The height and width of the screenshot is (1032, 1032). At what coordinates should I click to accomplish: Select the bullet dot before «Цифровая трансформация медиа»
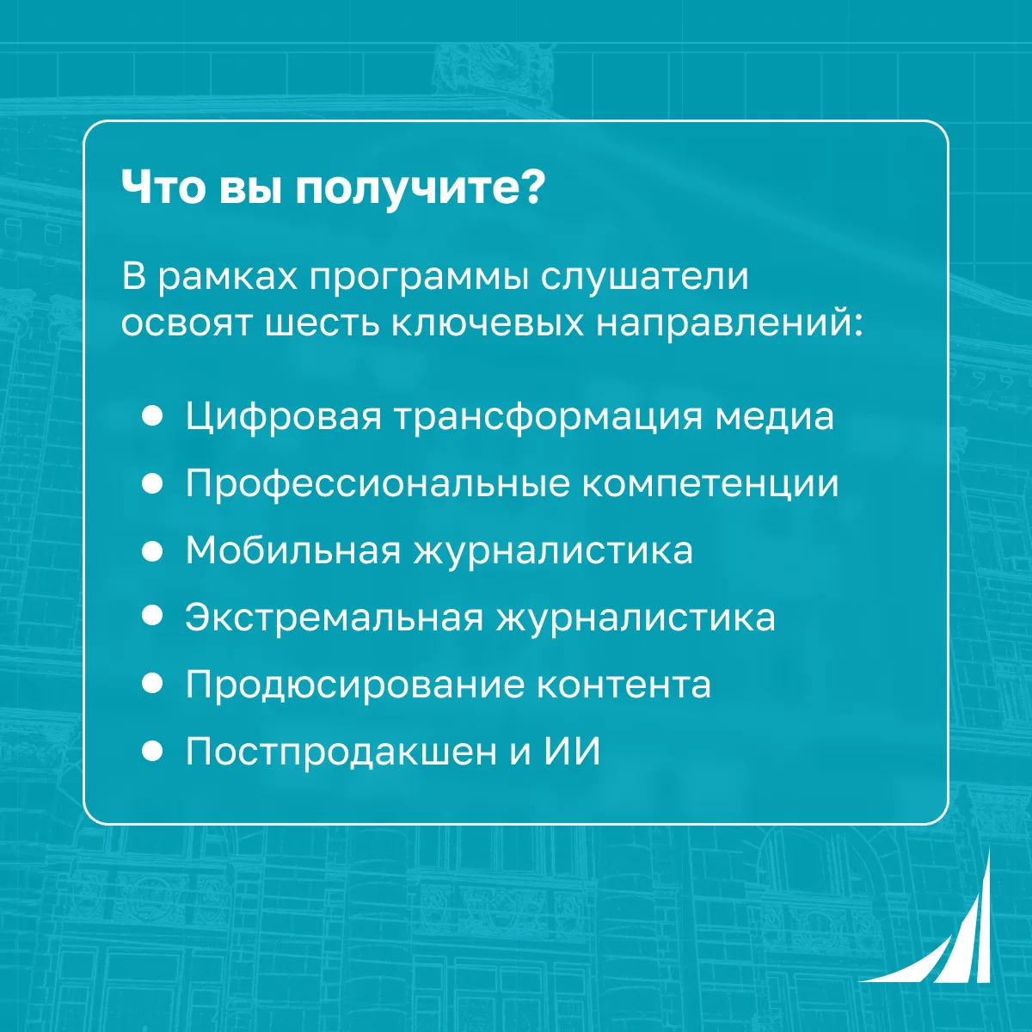[152, 416]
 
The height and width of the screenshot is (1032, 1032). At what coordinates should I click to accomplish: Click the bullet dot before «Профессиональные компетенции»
[152, 483]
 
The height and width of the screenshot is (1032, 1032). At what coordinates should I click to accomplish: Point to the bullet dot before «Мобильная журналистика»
[152, 550]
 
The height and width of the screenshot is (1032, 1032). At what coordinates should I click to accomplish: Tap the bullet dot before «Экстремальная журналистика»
[152, 616]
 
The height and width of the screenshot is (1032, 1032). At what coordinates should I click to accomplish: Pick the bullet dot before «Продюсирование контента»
[152, 684]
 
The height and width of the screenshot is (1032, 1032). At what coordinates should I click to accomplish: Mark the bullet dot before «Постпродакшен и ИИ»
[152, 751]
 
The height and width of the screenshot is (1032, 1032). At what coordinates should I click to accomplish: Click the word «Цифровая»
[284, 417]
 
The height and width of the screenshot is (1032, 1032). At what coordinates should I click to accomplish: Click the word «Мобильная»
[293, 550]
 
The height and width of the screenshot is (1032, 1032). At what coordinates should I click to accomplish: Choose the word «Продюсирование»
[355, 685]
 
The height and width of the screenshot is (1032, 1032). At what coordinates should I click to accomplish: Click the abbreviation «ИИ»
[572, 751]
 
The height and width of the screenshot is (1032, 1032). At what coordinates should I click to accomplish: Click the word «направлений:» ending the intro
[729, 324]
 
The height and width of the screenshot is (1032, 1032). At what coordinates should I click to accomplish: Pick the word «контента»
[623, 685]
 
